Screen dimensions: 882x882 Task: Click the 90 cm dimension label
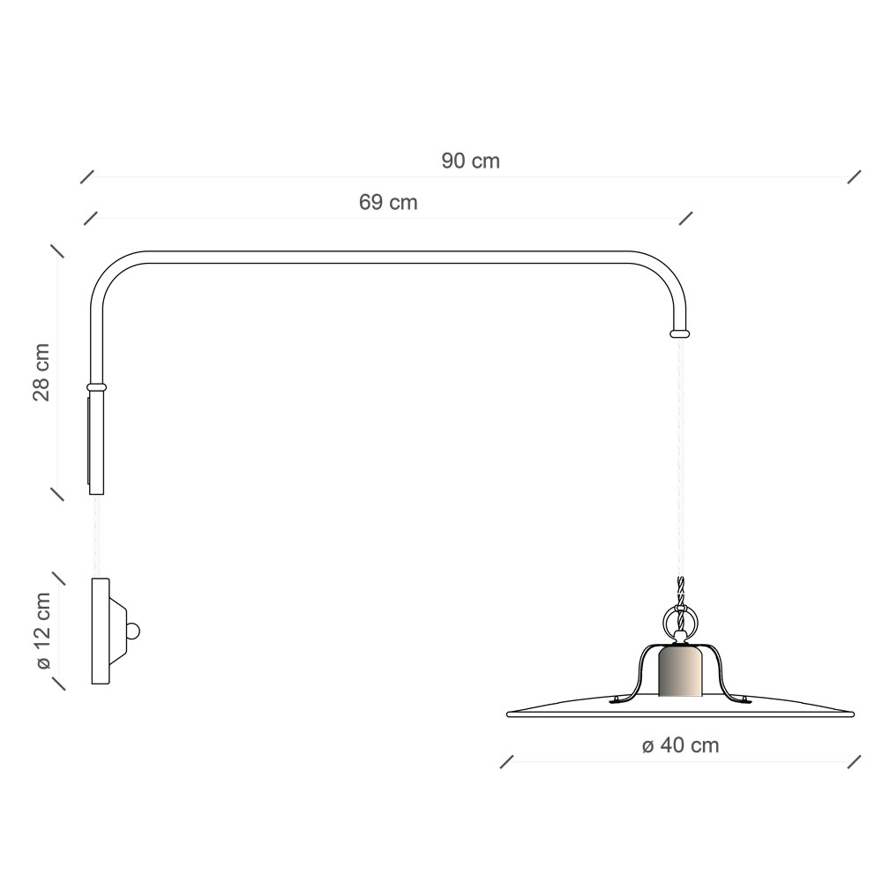tap(470, 161)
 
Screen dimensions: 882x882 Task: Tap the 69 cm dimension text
tap(388, 203)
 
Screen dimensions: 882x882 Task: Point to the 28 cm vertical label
tap(41, 372)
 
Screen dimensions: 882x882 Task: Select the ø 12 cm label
tap(42, 631)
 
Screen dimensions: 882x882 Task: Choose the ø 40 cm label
tap(680, 745)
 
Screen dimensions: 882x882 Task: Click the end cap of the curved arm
tap(679, 333)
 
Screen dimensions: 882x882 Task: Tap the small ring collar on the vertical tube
tap(96, 387)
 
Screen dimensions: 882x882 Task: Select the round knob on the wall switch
tap(133, 632)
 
